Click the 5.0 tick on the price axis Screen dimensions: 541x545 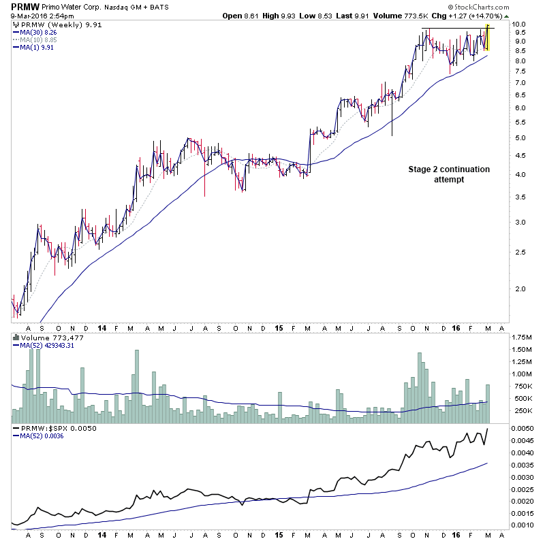pyautogui.click(x=520, y=138)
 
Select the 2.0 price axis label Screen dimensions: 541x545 pyautogui.click(x=520, y=289)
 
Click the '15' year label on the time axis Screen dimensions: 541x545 pyautogui.click(x=280, y=327)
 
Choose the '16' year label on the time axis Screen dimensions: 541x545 pyautogui.click(x=457, y=327)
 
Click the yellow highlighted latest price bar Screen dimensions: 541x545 pyautogui.click(x=488, y=38)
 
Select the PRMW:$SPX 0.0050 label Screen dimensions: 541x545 pyautogui.click(x=50, y=429)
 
